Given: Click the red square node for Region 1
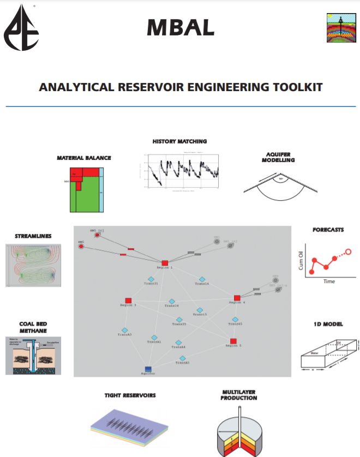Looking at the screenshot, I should coord(165,263).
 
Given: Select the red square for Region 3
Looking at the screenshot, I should coord(128,300).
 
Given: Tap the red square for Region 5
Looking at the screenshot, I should coord(233,341).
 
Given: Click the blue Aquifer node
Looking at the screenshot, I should coord(148,369).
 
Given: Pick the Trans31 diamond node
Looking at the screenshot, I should coord(151,279).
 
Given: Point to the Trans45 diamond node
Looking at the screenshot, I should coord(235,320).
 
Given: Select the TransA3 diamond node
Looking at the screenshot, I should coord(125,330).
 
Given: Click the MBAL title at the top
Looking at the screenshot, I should coord(180,27).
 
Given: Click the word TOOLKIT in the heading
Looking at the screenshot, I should coord(293,87).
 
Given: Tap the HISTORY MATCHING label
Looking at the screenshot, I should coord(179,141).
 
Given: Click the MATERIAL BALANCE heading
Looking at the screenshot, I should coord(84,158).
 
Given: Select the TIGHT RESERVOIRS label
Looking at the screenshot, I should coord(130,395).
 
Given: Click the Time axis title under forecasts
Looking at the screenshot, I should coord(328,281).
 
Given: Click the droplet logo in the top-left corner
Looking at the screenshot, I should coord(22,27).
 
